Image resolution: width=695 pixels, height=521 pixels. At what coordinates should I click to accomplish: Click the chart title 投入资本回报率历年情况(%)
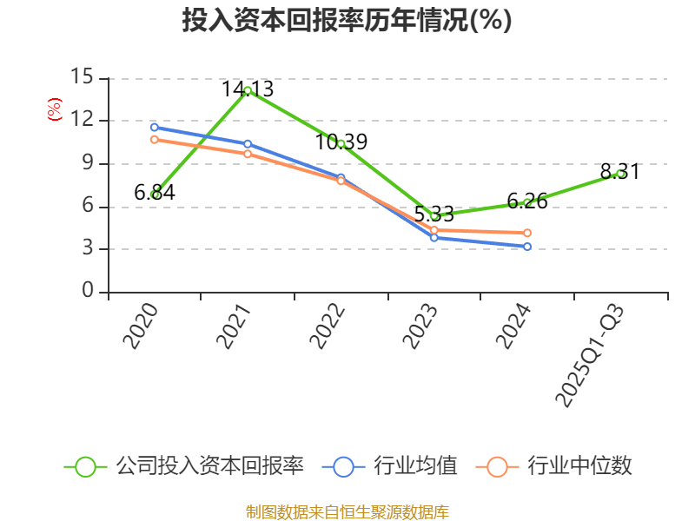347,21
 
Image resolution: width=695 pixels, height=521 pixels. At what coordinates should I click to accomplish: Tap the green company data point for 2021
248,90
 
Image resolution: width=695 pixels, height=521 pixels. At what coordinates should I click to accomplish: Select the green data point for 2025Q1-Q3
620,174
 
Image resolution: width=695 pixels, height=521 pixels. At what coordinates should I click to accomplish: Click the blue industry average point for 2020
155,128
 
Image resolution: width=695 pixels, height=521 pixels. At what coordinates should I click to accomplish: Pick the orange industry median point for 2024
527,233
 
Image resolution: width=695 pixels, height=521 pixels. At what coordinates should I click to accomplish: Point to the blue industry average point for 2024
527,247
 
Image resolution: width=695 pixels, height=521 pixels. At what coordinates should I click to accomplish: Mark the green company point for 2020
155,195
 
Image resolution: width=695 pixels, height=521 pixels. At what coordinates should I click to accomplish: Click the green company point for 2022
341,143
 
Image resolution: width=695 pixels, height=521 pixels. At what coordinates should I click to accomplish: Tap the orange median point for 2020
155,139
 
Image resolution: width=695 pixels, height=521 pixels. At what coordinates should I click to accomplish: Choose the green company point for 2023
434,216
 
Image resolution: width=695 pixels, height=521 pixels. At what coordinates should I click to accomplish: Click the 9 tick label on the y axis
88,163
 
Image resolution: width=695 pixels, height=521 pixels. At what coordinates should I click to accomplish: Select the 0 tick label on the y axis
88,292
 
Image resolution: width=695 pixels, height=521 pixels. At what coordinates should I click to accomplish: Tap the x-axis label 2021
234,327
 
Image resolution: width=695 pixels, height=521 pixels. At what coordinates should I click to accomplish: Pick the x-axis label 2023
420,327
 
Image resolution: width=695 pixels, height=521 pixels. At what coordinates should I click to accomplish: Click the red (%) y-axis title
55,110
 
